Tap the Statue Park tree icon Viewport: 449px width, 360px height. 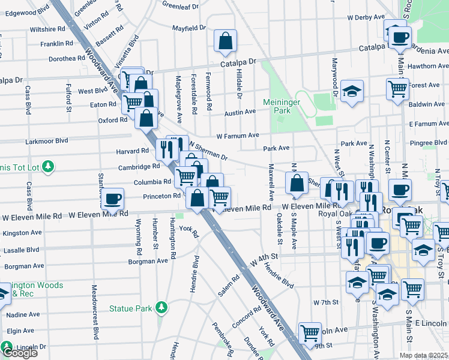coord(161,308)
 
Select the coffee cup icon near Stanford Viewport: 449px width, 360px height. coord(112,198)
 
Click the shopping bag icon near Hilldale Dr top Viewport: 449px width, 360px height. coord(225,41)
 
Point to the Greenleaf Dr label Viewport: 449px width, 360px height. coord(181,7)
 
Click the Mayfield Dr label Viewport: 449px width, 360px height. coord(188,28)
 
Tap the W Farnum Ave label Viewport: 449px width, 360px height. coord(238,135)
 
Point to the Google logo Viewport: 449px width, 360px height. coord(19,353)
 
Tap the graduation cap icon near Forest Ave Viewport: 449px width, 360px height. coord(352,91)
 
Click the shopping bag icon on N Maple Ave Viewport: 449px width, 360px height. coord(297,184)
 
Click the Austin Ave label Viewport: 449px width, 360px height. coord(240,113)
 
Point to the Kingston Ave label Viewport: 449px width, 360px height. coord(22,232)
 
